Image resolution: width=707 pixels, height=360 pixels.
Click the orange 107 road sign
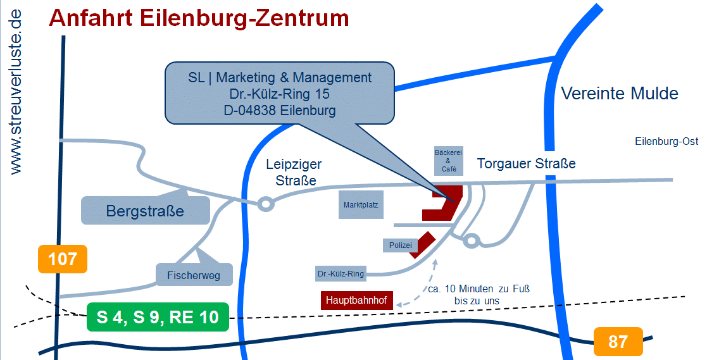[62, 259]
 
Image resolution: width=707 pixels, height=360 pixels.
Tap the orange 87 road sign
[618, 342]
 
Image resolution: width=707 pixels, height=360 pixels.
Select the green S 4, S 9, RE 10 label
[157, 317]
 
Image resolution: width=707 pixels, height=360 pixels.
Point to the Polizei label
[399, 245]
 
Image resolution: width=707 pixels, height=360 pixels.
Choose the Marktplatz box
[360, 205]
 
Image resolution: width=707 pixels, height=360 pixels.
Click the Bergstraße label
[145, 211]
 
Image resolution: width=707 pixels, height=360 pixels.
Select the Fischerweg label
[194, 275]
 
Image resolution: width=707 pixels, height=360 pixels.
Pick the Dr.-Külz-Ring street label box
[341, 274]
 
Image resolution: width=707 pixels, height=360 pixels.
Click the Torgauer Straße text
[526, 164]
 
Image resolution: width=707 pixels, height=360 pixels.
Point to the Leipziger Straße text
[294, 173]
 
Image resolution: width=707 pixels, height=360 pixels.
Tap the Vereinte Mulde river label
[620, 94]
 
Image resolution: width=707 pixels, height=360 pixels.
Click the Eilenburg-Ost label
[666, 142]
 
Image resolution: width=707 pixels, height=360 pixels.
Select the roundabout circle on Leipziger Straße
[265, 204]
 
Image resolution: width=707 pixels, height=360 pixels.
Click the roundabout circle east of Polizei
[470, 240]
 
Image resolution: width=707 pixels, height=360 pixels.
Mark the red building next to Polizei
[422, 244]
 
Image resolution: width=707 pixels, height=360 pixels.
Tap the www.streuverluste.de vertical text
[16, 92]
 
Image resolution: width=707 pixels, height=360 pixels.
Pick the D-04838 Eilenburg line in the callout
[279, 109]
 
